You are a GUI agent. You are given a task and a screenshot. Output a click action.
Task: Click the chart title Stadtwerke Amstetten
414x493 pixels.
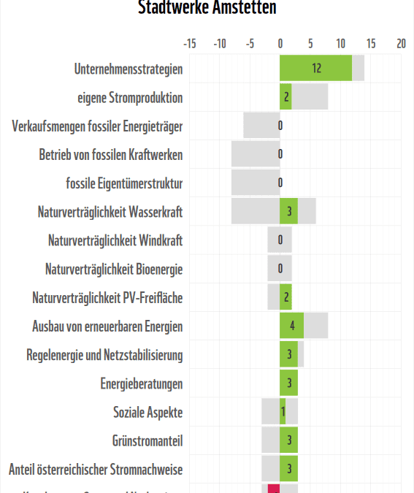pos(207,8)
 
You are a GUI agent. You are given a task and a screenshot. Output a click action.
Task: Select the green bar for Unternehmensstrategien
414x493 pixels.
pos(315,69)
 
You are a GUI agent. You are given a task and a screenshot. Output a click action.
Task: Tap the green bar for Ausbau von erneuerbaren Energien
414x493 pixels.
pos(291,326)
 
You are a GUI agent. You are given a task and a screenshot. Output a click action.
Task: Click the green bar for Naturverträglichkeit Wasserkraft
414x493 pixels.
pos(288,212)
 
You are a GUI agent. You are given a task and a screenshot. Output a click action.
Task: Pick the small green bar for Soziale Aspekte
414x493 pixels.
pos(283,412)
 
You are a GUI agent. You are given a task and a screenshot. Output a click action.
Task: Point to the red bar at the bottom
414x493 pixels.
pos(274,488)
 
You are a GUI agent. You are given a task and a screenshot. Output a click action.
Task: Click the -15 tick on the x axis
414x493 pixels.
pos(189,44)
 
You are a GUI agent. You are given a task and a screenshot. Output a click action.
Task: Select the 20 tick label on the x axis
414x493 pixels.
pos(400,44)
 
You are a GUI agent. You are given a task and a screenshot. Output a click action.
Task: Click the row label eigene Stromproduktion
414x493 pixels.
pos(130,98)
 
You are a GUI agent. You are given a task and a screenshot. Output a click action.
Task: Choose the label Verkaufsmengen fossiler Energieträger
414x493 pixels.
pos(97,126)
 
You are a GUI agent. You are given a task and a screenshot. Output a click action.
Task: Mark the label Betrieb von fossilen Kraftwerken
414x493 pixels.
pos(111,155)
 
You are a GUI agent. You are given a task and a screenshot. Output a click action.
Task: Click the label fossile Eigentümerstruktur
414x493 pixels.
pos(124,183)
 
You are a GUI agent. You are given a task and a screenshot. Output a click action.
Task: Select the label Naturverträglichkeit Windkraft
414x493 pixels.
pos(115,240)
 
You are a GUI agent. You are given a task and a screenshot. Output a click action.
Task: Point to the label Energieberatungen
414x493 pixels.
pos(142,383)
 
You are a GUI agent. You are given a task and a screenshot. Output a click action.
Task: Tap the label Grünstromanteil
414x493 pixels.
pos(147,440)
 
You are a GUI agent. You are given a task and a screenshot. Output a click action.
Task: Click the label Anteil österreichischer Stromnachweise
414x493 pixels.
pos(96,469)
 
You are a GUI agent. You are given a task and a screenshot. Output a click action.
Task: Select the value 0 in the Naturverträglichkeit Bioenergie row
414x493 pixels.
pos(280,269)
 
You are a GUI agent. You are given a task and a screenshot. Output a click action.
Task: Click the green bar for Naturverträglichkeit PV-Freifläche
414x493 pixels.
pos(285,297)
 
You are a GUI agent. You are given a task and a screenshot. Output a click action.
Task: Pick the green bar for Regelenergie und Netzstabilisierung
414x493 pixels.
pos(288,355)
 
